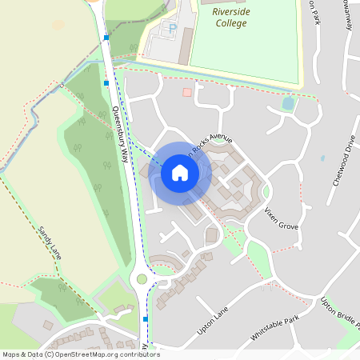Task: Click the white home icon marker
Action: click(x=180, y=172)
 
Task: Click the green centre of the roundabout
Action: click(x=142, y=279)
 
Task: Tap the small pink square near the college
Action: click(x=187, y=93)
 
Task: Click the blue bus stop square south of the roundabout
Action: click(x=145, y=318)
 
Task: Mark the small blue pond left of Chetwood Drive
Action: click(x=322, y=158)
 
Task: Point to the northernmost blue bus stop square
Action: click(x=106, y=38)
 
